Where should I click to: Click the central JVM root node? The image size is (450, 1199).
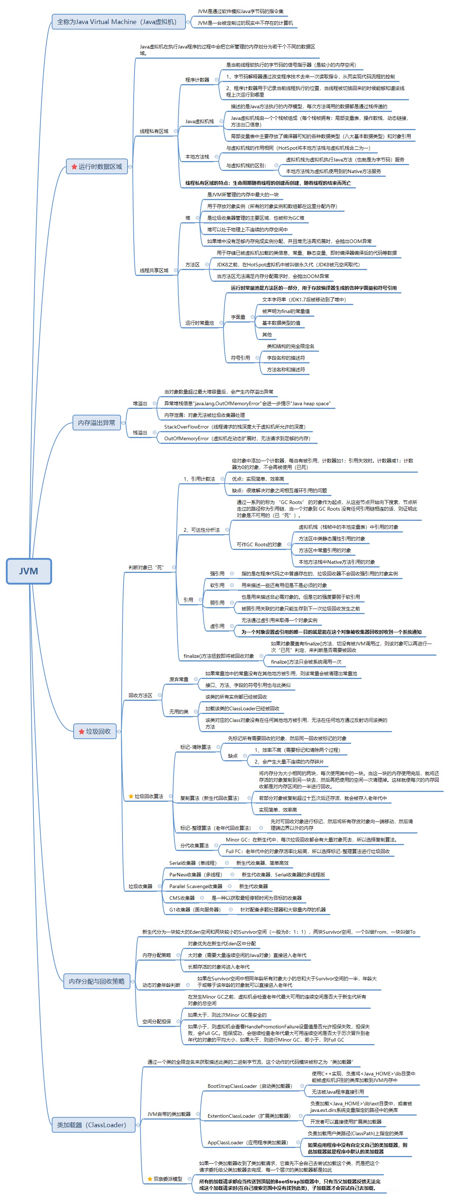(28, 571)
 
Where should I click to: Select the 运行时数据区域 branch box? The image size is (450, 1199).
(97, 166)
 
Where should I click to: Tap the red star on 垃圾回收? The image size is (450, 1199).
(82, 731)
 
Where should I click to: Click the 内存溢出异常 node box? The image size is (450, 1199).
(96, 423)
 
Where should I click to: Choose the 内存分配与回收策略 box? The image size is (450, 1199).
(96, 981)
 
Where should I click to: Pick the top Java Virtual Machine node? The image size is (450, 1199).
(118, 22)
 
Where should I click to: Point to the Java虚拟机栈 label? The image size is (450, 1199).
(199, 121)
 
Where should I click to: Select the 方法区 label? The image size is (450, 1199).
(192, 264)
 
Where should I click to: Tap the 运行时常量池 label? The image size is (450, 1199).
(199, 323)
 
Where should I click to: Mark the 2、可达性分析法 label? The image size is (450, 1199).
(201, 530)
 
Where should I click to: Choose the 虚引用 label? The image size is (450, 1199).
(217, 626)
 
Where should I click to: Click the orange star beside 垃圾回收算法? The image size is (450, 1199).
(131, 796)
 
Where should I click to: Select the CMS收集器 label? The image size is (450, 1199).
(181, 898)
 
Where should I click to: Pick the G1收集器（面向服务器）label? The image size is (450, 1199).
(195, 910)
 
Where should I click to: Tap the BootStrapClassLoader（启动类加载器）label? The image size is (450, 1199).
(250, 1086)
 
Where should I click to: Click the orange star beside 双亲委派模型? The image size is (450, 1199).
(149, 1179)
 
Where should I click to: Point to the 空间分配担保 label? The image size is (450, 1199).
(156, 1021)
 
